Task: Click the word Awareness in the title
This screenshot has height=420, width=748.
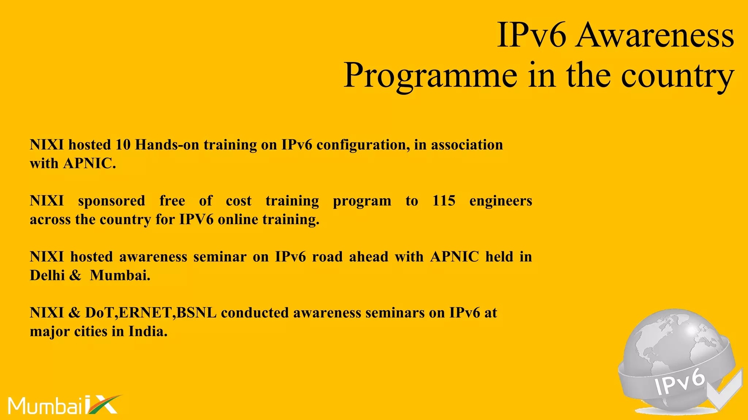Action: click(x=654, y=35)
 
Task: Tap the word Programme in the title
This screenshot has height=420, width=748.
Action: click(x=430, y=76)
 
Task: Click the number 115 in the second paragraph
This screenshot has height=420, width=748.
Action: click(x=444, y=201)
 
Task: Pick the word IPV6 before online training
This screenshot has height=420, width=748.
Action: click(x=196, y=220)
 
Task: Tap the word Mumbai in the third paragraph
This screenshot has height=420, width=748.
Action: click(x=120, y=275)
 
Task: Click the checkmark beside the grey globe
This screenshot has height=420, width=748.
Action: click(x=725, y=392)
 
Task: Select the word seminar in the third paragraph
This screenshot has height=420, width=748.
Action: click(x=220, y=257)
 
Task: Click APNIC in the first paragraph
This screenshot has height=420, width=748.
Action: click(x=89, y=164)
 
